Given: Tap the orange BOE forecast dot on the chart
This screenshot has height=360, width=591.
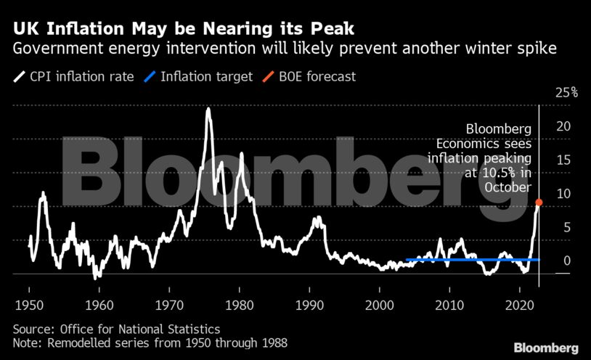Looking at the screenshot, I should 539,202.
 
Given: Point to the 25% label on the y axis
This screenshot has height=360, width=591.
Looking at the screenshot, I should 566,92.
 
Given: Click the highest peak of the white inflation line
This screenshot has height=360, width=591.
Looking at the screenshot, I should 208,109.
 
